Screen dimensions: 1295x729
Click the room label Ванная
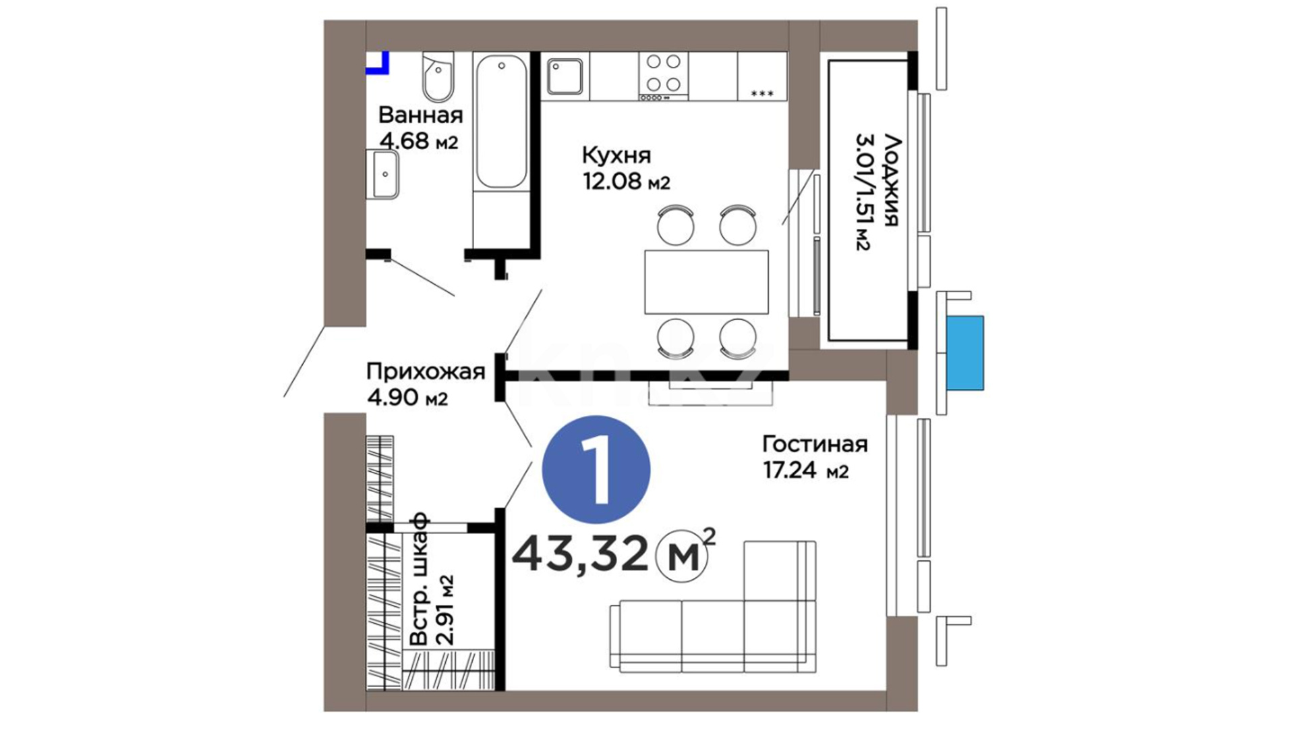(420, 115)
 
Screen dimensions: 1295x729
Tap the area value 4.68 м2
(419, 142)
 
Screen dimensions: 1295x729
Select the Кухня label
(616, 155)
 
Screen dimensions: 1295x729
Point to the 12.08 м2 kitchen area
(627, 182)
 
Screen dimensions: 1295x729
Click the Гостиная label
(815, 443)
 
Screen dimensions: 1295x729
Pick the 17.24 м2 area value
(805, 470)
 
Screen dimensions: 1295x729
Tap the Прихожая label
(426, 371)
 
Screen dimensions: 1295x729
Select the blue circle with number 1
(596, 470)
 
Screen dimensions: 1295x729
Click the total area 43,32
(579, 555)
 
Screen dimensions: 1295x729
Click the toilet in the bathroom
(438, 77)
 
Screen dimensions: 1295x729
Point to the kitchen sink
(565, 76)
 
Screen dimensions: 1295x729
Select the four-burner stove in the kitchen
(663, 76)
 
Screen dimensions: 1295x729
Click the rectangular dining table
(706, 281)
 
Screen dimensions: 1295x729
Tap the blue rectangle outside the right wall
(965, 352)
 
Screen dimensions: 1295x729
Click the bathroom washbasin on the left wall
(382, 174)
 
